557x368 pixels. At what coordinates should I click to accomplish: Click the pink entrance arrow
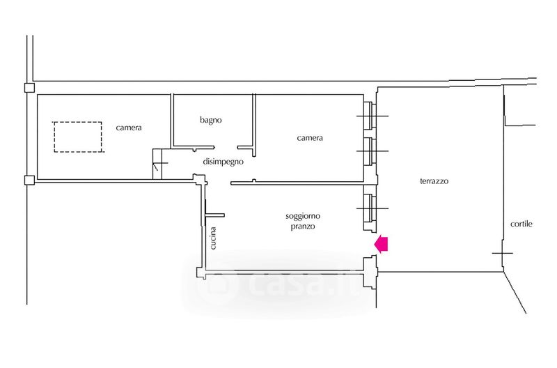[x=382, y=243]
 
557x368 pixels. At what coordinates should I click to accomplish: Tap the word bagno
[x=210, y=120]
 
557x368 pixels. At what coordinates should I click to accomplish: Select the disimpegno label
[x=223, y=162]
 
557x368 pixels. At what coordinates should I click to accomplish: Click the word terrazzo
[x=434, y=181]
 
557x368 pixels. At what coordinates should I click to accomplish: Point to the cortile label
[x=521, y=224]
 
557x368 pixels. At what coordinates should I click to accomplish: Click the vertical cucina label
[x=214, y=238]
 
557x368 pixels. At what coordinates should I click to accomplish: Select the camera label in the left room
[x=129, y=128]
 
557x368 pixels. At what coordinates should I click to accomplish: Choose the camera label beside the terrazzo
[x=310, y=138]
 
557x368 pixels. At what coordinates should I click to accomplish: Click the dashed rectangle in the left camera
[x=78, y=137]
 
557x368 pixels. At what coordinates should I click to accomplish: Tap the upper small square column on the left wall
[x=29, y=88]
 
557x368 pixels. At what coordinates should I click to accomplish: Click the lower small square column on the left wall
[x=29, y=181]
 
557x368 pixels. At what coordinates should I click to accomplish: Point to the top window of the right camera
[x=369, y=116]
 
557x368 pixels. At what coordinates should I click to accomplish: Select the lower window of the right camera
[x=369, y=151]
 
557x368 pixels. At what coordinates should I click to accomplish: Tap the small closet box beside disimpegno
[x=159, y=164]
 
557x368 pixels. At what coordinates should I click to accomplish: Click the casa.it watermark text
[x=278, y=284]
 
